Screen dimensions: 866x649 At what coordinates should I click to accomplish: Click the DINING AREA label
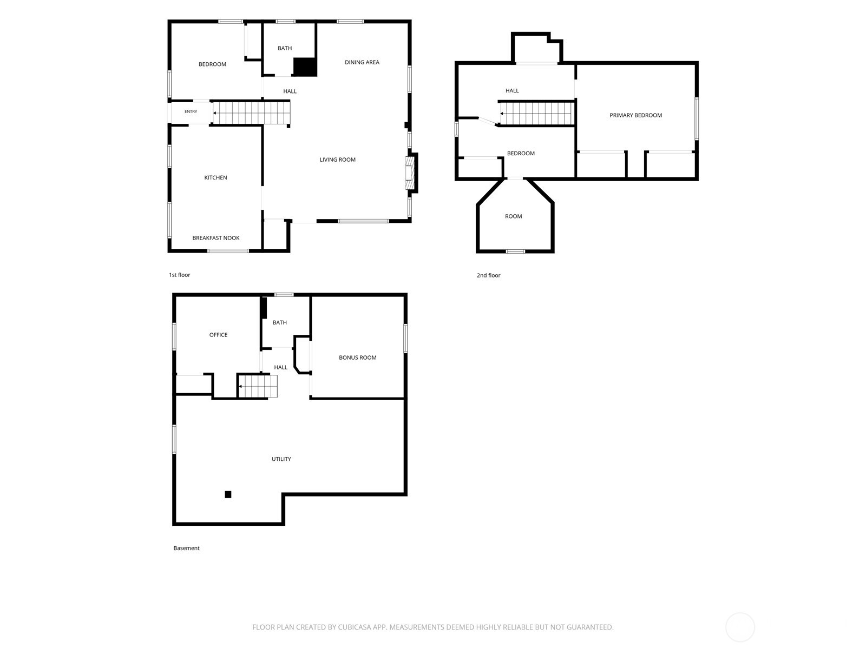tap(362, 62)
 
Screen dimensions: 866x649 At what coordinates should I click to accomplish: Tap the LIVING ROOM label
tap(337, 160)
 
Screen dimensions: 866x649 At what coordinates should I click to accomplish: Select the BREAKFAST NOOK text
tap(216, 238)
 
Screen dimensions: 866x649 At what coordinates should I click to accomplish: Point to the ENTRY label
tap(191, 111)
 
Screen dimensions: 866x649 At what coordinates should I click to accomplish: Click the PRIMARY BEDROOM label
tap(635, 115)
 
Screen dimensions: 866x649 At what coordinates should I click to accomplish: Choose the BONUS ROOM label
tap(357, 358)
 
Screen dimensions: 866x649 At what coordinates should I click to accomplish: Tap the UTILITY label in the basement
tap(281, 459)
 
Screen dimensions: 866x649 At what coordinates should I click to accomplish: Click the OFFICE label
tap(218, 335)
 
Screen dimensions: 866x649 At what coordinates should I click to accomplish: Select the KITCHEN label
tap(215, 178)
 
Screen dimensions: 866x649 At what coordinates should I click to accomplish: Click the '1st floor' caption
tap(180, 275)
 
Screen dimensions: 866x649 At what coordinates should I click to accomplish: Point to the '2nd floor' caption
tap(488, 275)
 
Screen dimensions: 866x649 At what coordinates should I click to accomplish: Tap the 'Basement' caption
tap(187, 548)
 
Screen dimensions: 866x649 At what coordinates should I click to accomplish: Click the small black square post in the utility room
tap(228, 494)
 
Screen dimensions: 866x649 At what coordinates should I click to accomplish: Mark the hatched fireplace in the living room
tap(410, 174)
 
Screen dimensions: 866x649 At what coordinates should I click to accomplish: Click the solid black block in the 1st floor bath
tap(305, 67)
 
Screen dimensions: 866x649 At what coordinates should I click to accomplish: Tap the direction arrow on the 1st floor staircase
tap(214, 113)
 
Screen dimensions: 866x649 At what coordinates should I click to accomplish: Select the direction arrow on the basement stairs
tap(240, 387)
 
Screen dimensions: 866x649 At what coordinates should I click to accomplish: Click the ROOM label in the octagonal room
tap(513, 216)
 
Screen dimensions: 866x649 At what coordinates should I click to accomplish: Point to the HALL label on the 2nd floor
tap(512, 91)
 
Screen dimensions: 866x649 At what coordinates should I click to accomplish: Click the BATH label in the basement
tap(280, 323)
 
